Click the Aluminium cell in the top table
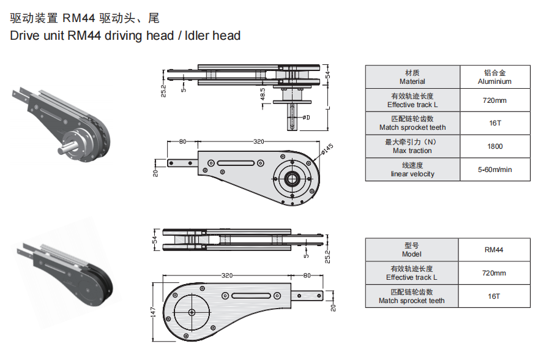(x=494, y=77)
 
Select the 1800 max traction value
(x=494, y=146)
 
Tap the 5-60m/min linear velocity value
(x=494, y=170)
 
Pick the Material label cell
(x=412, y=77)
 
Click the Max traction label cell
(x=412, y=146)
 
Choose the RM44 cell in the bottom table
(x=494, y=250)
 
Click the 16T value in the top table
(x=494, y=123)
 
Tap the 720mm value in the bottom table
(x=494, y=273)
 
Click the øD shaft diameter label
(x=306, y=117)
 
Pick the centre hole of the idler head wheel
(x=192, y=312)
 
